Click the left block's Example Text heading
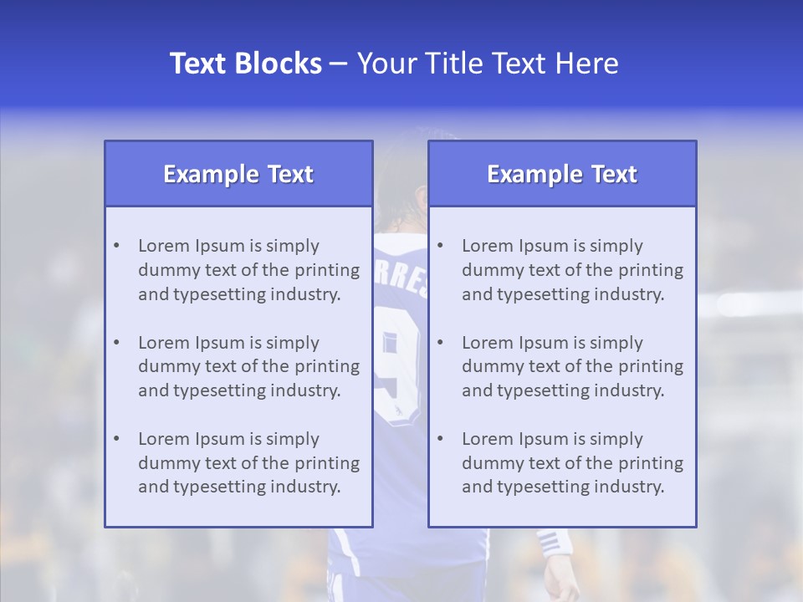coord(238,174)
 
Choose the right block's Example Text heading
coord(562,174)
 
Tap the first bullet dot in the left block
coord(116,246)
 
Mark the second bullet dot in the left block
coord(116,343)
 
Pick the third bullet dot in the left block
coord(116,439)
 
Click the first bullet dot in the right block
coord(440,246)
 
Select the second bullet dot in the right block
coord(440,343)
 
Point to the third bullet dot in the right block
coord(440,439)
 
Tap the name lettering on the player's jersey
coord(401,280)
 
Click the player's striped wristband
coord(553,543)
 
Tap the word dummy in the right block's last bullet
coord(490,463)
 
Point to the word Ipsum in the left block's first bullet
coord(220,246)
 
